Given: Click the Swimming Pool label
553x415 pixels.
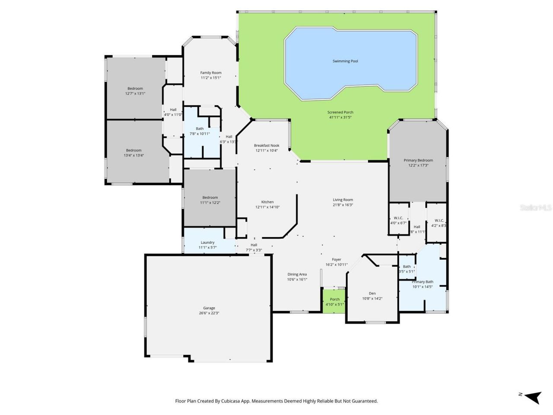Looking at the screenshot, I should pyautogui.click(x=345, y=61).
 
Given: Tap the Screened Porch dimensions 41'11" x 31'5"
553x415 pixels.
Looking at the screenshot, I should pyautogui.click(x=340, y=117).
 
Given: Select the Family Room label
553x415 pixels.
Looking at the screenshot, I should pyautogui.click(x=211, y=73).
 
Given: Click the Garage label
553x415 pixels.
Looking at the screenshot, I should pyautogui.click(x=209, y=308).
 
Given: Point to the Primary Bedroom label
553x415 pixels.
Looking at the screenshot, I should pyautogui.click(x=418, y=160).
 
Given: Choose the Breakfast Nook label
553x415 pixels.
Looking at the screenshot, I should pyautogui.click(x=267, y=146).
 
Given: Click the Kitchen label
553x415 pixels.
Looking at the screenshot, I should pyautogui.click(x=267, y=202).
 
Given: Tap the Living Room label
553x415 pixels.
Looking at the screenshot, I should pyautogui.click(x=343, y=200).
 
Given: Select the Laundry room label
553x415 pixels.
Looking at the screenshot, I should pyautogui.click(x=208, y=243).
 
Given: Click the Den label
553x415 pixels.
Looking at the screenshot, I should pyautogui.click(x=372, y=293).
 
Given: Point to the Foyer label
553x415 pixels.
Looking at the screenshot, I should pyautogui.click(x=337, y=259).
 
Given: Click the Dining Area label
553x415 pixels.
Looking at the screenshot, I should pyautogui.click(x=297, y=274).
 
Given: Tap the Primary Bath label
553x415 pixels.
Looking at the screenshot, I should pyautogui.click(x=423, y=282).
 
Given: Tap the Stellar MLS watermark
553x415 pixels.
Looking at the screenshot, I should pyautogui.click(x=536, y=207).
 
